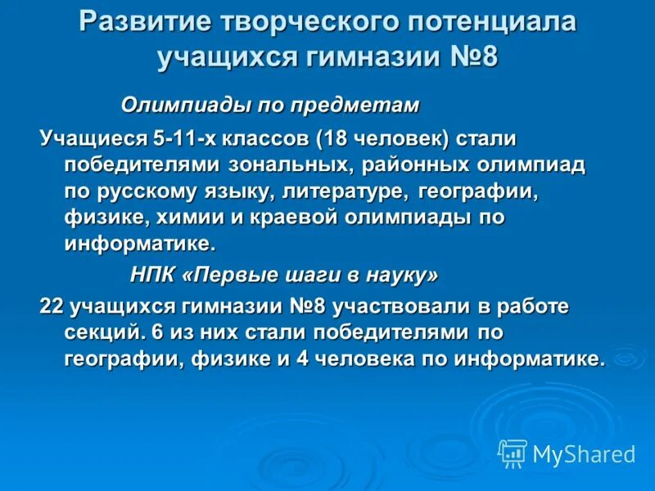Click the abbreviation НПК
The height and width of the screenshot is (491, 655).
(152, 276)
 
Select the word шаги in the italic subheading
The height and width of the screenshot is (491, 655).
(312, 276)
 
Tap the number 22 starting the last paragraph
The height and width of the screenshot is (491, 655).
(52, 307)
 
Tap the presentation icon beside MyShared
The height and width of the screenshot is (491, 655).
(513, 453)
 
